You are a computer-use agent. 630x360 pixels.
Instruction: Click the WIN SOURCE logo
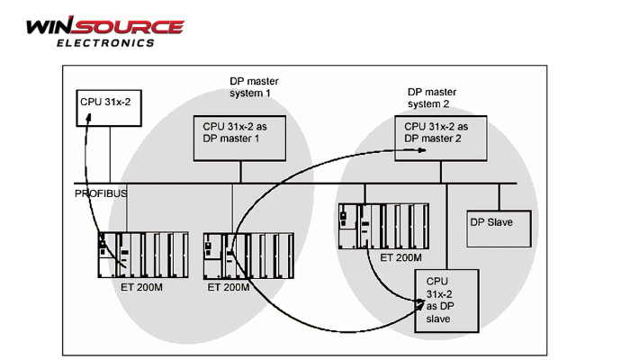click(104, 27)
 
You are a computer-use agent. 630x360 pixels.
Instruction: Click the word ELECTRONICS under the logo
click(105, 42)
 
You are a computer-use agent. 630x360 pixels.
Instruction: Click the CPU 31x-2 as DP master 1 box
click(239, 138)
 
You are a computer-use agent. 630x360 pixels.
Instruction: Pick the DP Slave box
click(499, 229)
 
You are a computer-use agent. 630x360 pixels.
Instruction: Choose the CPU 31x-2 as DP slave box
click(446, 302)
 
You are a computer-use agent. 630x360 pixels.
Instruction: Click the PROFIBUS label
click(101, 193)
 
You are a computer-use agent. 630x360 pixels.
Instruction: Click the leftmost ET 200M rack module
click(143, 256)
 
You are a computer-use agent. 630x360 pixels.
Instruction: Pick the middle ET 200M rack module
click(248, 256)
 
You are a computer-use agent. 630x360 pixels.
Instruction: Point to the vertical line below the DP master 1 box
click(239, 172)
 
